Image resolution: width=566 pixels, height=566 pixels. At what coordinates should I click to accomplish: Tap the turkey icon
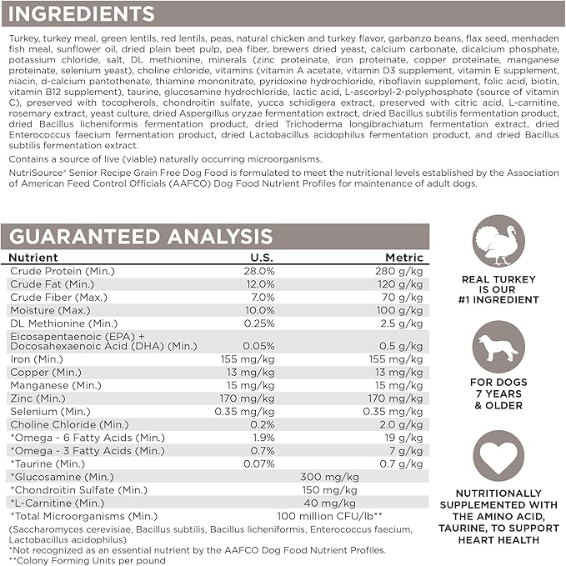(498, 242)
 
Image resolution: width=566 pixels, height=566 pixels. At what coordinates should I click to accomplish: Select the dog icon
(498, 348)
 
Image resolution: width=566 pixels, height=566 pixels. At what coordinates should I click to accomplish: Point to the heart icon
(498, 456)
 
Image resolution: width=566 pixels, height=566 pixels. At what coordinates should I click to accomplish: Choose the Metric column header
(403, 258)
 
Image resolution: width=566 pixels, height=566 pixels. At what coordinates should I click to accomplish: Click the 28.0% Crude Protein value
(258, 271)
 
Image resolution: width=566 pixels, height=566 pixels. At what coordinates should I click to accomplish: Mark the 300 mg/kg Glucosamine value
(329, 476)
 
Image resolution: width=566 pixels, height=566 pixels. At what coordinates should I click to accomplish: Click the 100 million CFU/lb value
(330, 516)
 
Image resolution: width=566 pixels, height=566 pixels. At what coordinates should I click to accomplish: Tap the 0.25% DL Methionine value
(258, 323)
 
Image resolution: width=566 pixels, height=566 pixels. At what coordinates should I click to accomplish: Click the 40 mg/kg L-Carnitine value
(329, 503)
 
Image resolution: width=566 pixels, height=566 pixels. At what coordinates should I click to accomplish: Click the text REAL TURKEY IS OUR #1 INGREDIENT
(498, 289)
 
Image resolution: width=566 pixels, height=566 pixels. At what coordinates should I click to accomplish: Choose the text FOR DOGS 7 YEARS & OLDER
(498, 395)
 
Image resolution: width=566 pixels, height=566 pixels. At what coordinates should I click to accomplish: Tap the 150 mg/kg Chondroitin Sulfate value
(329, 489)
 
